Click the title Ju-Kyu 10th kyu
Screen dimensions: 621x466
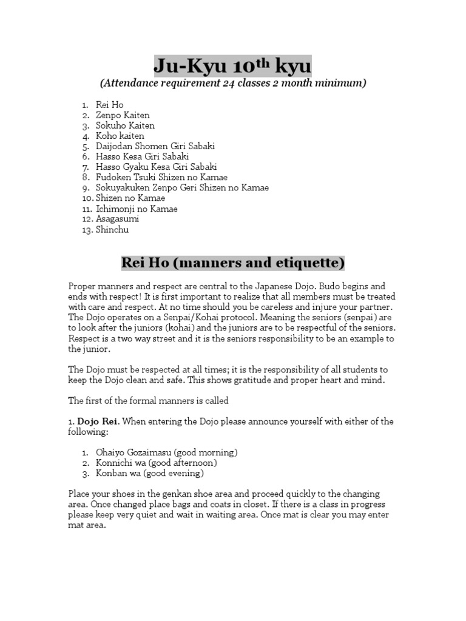(233, 64)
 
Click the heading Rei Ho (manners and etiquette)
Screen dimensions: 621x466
(233, 263)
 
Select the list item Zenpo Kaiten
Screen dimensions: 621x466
(123, 115)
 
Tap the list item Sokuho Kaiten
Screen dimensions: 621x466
(125, 126)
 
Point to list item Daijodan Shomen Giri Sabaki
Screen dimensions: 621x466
(155, 146)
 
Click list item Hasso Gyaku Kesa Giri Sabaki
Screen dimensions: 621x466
(156, 167)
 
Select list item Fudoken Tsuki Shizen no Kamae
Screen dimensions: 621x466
(161, 177)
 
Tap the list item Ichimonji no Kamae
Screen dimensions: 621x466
(137, 209)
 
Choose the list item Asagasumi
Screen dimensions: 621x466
(118, 219)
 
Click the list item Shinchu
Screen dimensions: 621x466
(112, 229)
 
